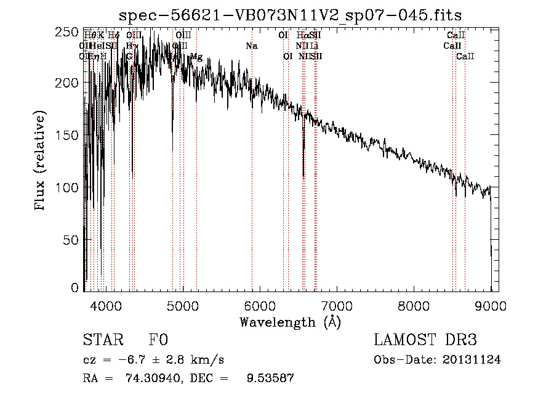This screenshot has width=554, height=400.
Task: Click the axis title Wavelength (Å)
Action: pos(290,322)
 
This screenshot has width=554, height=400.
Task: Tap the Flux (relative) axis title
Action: pos(41,161)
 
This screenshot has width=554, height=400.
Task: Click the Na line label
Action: pos(251,46)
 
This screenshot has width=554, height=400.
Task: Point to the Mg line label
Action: pos(196,57)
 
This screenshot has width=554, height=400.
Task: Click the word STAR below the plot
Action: pos(102,340)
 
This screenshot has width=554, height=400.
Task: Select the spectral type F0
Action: pos(158,340)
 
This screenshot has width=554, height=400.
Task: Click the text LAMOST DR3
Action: pos(425,340)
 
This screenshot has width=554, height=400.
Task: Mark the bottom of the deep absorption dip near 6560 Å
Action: pos(303,178)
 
